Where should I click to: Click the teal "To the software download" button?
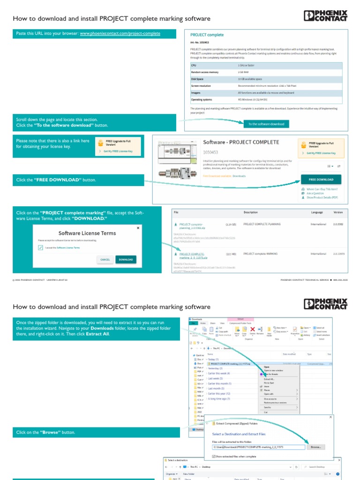[266, 124]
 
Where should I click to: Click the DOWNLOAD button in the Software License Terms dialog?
[126, 259]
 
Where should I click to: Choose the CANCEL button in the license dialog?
[105, 259]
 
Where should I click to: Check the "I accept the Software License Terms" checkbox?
[40, 247]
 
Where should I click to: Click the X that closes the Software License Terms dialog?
[138, 228]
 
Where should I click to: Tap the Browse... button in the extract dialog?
[315, 447]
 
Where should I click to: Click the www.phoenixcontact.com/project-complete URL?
[120, 34]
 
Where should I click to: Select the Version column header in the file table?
[338, 212]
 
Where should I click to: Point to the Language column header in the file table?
[317, 212]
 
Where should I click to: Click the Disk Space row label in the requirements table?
[197, 79]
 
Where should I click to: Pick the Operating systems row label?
[202, 99]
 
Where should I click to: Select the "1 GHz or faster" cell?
[247, 66]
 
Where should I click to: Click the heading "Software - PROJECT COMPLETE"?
[241, 142]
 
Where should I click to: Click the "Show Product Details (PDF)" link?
[322, 197]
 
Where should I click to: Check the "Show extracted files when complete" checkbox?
[214, 456]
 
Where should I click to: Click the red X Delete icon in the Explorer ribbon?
[253, 330]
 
